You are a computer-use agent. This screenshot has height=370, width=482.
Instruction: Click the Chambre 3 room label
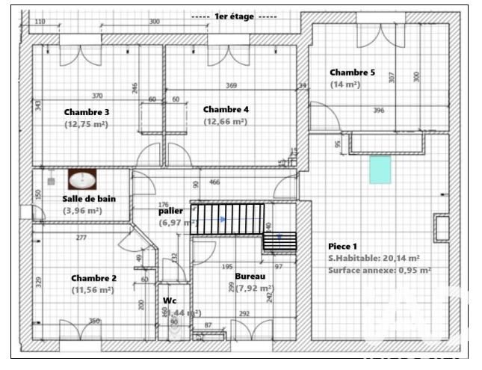(87, 112)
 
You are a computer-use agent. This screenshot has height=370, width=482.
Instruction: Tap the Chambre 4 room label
(226, 109)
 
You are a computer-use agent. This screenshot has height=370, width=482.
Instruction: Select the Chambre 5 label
(352, 73)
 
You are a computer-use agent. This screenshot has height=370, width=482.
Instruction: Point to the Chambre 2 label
(94, 277)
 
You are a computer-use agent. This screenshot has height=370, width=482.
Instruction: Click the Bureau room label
(250, 276)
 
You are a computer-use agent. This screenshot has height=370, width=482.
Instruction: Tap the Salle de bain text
(88, 199)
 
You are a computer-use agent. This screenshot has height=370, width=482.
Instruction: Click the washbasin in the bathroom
(82, 180)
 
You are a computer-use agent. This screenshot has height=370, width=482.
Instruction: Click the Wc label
(170, 301)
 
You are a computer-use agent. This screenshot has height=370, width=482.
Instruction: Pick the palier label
(171, 212)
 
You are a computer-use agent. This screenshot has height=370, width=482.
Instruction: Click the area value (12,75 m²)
(87, 125)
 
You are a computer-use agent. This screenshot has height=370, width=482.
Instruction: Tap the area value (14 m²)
(345, 85)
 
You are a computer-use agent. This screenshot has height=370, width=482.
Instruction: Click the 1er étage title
(234, 16)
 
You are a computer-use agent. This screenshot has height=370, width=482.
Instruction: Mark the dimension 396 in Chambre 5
(379, 111)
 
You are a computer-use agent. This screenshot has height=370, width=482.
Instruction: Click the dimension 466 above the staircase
(214, 182)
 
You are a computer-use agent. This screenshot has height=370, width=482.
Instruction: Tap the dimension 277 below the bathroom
(81, 238)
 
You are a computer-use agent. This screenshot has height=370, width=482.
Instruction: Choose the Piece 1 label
(343, 246)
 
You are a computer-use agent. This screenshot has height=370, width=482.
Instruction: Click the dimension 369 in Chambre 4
(232, 85)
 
